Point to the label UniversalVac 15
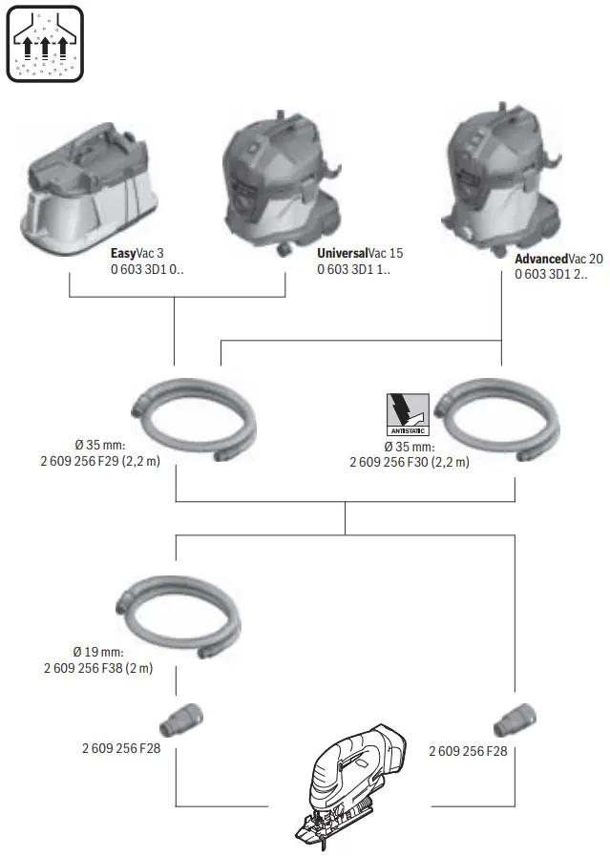360,254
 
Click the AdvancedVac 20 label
558,259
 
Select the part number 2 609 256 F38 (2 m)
98,668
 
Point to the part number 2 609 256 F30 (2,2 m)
410,463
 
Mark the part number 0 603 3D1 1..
353,270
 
